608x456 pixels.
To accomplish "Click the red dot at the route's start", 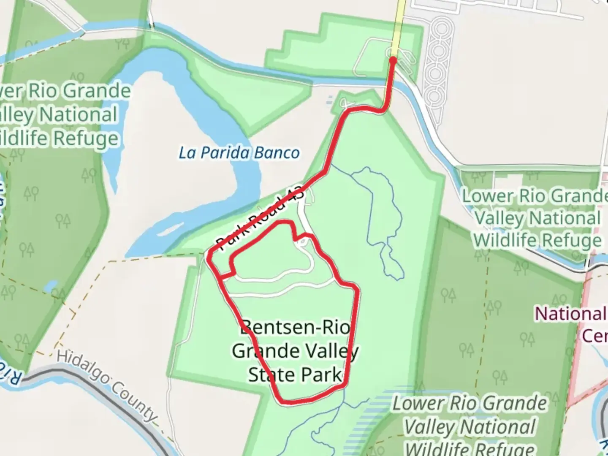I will (x=393, y=60).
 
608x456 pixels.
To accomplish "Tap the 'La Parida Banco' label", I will (x=239, y=153).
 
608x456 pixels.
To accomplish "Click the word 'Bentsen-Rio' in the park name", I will (x=296, y=327).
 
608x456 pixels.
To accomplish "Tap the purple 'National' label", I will (x=570, y=314).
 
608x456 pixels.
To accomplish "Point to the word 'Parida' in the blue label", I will (x=225, y=153).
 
